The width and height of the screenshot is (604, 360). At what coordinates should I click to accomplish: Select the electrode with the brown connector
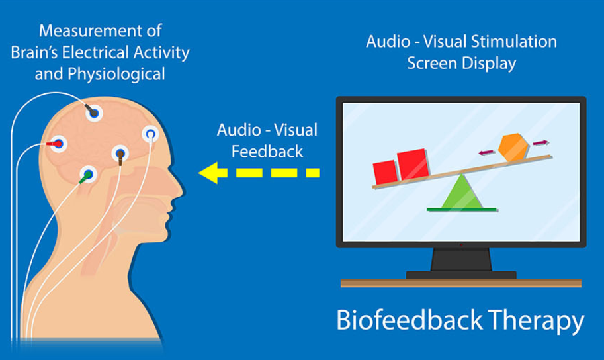120,155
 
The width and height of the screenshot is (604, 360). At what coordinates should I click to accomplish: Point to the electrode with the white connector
151,135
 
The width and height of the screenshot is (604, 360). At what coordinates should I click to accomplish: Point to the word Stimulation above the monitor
515,42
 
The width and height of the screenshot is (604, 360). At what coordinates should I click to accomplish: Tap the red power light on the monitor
460,246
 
